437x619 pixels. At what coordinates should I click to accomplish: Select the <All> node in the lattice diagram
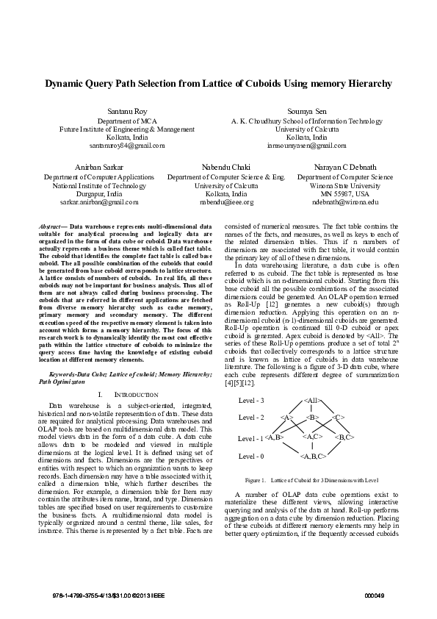click(312, 401)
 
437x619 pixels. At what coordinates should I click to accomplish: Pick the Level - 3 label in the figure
click(251, 401)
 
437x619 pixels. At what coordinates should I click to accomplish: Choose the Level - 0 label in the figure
click(251, 457)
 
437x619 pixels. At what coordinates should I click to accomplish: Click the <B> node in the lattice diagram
click(312, 418)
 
